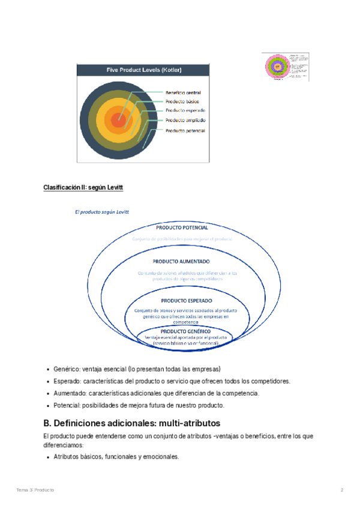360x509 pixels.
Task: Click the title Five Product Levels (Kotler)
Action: coord(144,70)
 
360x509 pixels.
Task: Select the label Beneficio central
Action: coord(183,92)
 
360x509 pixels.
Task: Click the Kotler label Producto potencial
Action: coord(185,130)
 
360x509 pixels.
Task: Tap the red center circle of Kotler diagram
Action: coord(118,119)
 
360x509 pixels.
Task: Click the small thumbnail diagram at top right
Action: coord(286,67)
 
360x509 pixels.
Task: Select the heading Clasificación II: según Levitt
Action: coord(83,188)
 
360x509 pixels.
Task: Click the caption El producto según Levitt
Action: coord(102,212)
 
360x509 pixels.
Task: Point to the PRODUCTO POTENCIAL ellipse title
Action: coord(182,228)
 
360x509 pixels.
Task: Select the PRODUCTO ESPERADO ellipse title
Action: coord(186,300)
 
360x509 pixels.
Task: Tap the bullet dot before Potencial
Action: coord(47,406)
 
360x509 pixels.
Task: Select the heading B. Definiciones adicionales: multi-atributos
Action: coord(132,423)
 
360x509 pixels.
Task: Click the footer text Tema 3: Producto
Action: coord(35,490)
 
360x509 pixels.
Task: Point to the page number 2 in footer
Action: coord(342,490)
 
